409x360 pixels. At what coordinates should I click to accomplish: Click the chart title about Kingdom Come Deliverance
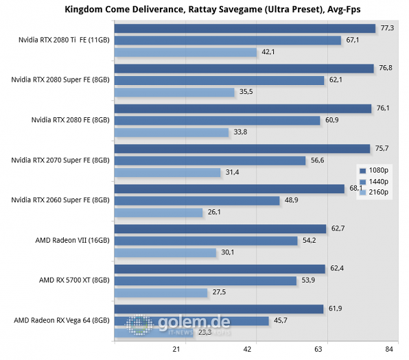pos(205,9)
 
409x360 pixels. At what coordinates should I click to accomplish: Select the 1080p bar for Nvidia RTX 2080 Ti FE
pos(245,28)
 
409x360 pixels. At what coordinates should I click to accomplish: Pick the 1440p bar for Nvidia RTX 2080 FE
pos(217,121)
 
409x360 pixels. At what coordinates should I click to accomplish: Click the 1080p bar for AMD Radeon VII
pos(220,228)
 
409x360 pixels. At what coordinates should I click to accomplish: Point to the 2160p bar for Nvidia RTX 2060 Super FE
pos(159,213)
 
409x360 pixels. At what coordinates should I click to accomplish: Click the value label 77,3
pos(388,28)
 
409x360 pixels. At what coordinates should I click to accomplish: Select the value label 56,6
pos(317,160)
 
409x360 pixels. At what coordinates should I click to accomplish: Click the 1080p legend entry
pos(374,170)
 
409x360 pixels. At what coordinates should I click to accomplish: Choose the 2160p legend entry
pos(374,192)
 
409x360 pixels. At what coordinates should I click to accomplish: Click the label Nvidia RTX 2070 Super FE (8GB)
pos(60,160)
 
